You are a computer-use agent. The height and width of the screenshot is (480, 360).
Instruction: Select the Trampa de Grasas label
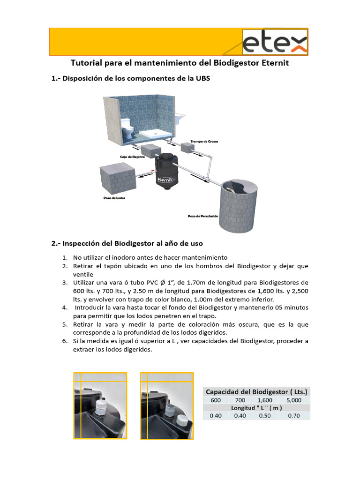pos(204,141)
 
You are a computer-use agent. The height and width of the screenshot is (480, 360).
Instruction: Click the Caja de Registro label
pos(130,157)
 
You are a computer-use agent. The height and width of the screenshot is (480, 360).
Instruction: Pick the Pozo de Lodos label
pos(114,198)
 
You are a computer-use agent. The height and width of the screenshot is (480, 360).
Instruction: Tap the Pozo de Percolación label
pos(203,216)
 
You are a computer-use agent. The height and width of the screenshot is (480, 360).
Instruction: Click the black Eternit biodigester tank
pos(166,171)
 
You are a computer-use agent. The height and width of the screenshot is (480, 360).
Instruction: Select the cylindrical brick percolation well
pos(239,206)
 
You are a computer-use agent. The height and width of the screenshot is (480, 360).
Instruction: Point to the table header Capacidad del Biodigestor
pos(256,391)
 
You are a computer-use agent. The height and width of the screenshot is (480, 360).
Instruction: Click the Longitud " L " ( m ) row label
pos(256,408)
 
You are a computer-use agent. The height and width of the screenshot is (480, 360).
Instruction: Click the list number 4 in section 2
pos(65,308)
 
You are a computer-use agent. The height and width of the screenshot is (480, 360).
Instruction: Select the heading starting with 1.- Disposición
pos(131,79)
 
